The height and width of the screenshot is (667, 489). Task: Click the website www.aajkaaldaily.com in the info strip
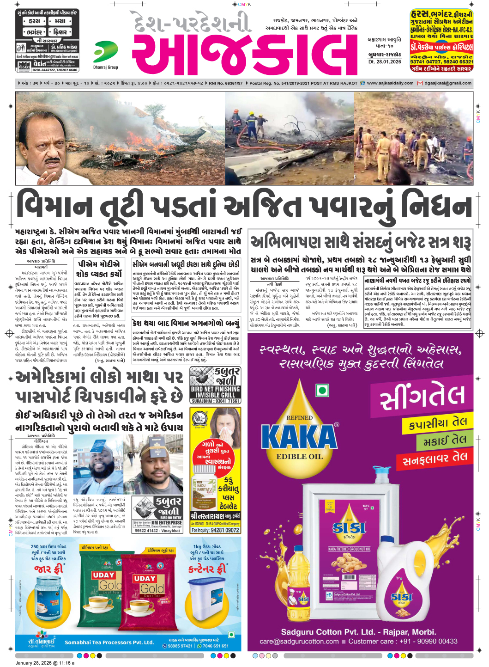click(390, 83)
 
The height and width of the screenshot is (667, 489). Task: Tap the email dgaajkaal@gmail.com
click(447, 83)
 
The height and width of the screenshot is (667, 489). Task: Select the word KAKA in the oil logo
click(299, 437)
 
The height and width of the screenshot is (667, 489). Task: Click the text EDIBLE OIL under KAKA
click(299, 457)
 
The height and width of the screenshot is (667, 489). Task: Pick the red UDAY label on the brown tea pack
click(145, 578)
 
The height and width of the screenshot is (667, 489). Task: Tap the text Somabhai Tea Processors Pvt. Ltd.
click(109, 642)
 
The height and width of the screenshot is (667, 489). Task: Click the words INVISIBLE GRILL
click(215, 395)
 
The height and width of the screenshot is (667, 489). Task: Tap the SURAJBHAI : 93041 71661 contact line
click(215, 401)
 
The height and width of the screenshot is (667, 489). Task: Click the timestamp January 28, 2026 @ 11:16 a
click(45, 663)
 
